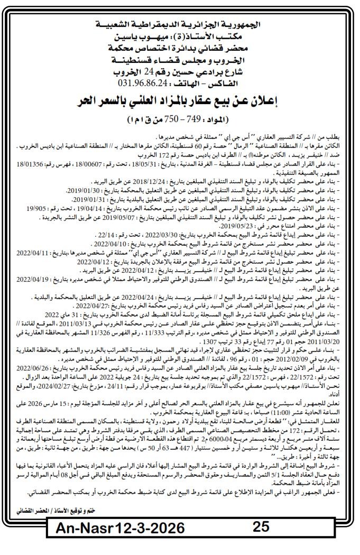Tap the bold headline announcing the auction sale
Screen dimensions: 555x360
(x=180, y=100)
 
